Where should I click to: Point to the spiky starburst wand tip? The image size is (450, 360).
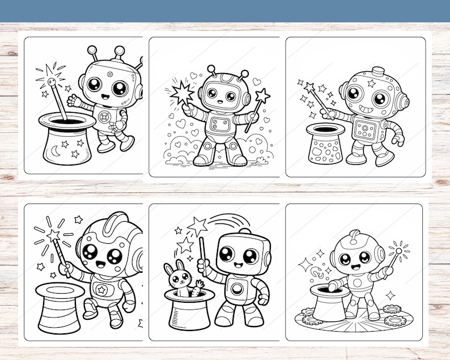[182, 94]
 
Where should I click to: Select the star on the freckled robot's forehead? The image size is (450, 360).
[371, 83]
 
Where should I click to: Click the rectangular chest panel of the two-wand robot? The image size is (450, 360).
[218, 125]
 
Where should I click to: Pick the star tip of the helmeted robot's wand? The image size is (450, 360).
[54, 234]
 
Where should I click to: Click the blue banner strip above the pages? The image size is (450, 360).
[225, 11]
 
